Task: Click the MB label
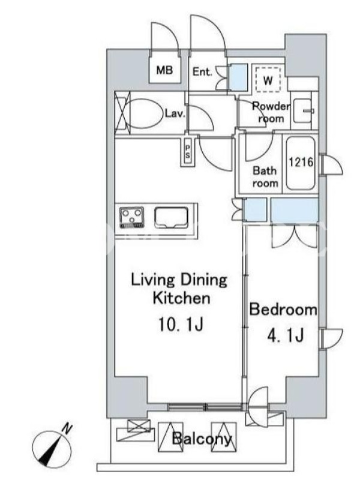(x=164, y=70)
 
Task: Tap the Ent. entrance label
(x=202, y=72)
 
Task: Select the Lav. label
(x=175, y=113)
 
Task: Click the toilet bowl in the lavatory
(x=145, y=113)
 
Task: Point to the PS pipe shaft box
(x=187, y=152)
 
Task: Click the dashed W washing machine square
(x=268, y=79)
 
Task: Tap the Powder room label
(x=271, y=112)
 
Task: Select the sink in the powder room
(x=303, y=110)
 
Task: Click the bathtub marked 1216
(x=301, y=163)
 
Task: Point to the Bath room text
(x=265, y=177)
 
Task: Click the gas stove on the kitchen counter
(x=131, y=217)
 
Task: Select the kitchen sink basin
(x=172, y=218)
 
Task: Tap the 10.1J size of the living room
(x=181, y=324)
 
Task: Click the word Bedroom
(x=283, y=310)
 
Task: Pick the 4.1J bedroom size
(x=286, y=335)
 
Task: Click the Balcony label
(x=202, y=439)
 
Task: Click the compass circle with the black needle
(x=52, y=451)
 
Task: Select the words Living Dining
(x=179, y=280)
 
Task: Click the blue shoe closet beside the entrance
(x=238, y=77)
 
